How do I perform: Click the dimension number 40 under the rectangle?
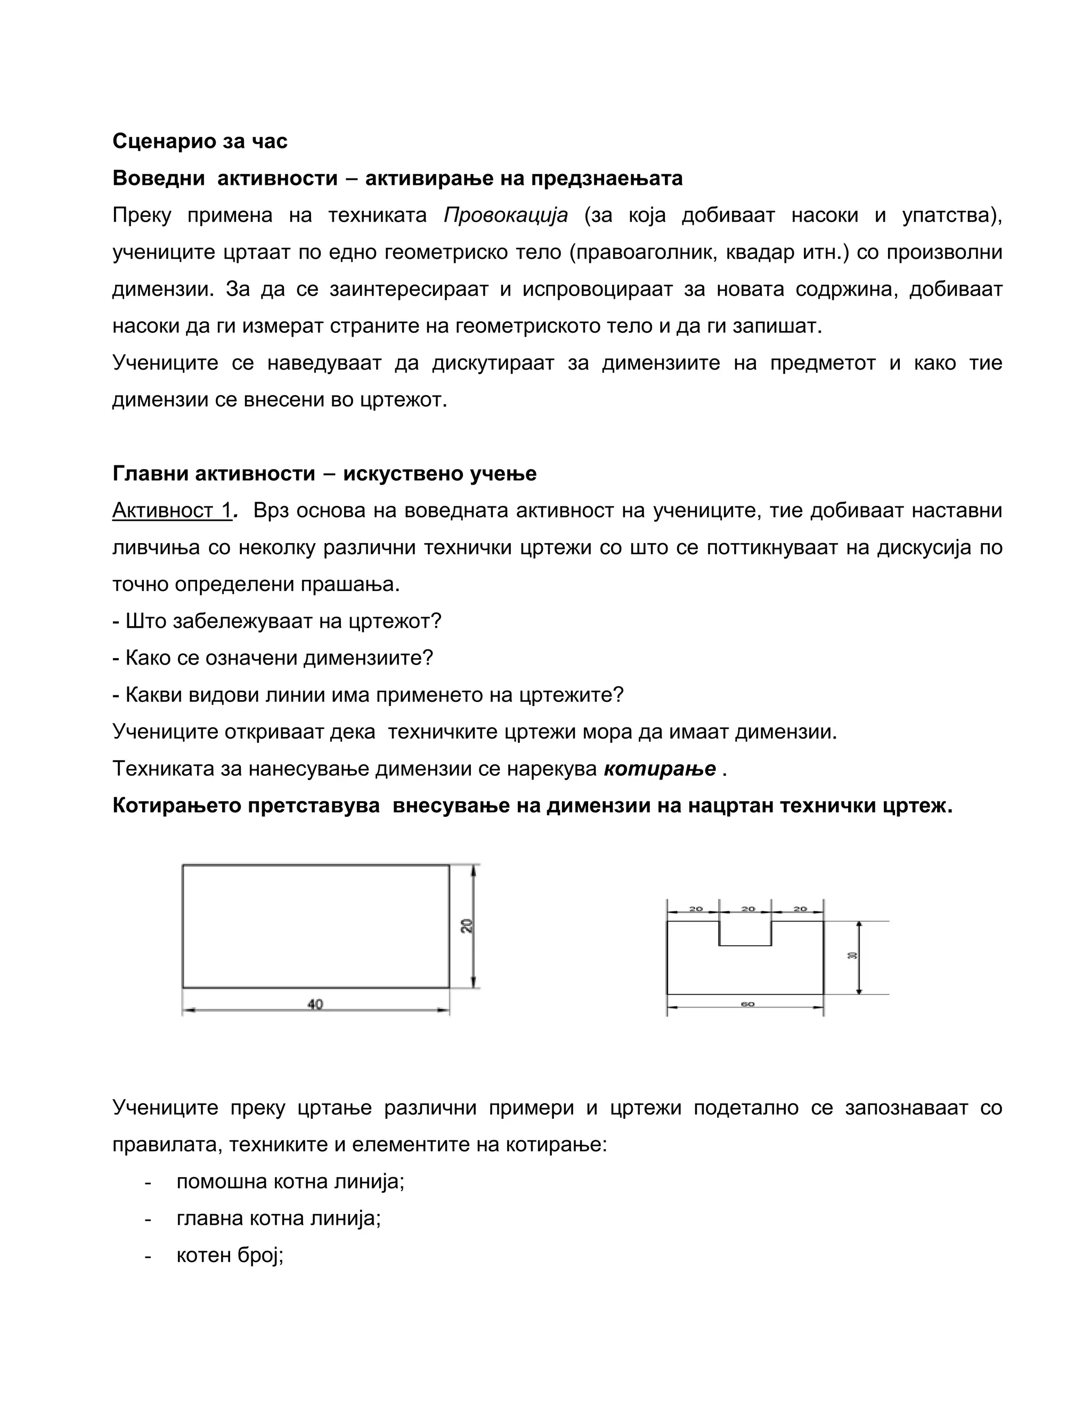click(315, 1004)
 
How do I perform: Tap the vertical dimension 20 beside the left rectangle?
click(467, 925)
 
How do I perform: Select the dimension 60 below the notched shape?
click(747, 1004)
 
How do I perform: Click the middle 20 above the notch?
click(748, 908)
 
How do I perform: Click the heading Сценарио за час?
click(200, 141)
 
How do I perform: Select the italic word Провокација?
click(506, 215)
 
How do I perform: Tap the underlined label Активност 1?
click(172, 511)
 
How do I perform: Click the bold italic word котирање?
click(660, 769)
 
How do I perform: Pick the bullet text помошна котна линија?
click(290, 1182)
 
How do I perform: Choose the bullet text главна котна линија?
click(279, 1218)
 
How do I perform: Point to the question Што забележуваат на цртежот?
click(276, 621)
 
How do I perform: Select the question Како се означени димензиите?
click(273, 658)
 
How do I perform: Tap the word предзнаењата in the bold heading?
click(606, 178)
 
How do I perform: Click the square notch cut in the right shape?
click(745, 933)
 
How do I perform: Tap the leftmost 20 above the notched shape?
click(695, 908)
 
